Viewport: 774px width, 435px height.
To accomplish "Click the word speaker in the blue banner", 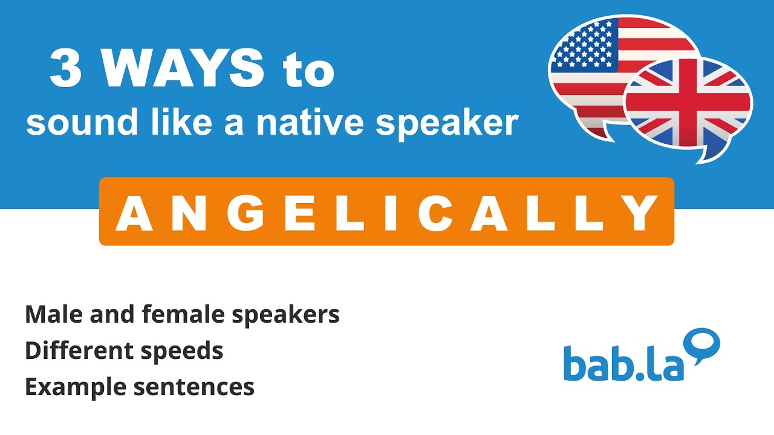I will point(446,123).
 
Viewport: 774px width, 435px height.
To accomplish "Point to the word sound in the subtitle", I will point(66,122).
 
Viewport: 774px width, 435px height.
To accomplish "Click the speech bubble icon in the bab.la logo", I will point(703,344).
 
